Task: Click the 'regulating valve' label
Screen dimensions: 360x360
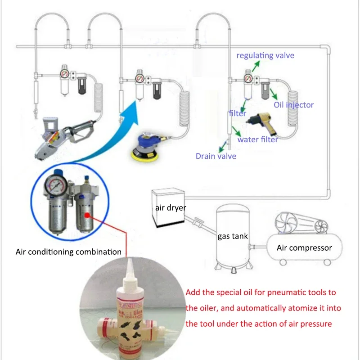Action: click(x=265, y=55)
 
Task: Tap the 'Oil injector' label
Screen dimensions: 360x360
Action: click(x=294, y=105)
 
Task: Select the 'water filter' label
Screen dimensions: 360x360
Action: click(x=257, y=139)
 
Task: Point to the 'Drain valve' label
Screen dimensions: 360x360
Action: click(x=216, y=156)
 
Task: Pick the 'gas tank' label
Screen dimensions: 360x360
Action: click(x=232, y=236)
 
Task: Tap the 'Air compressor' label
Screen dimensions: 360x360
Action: click(x=304, y=247)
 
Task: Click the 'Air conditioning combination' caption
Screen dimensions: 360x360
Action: click(x=68, y=252)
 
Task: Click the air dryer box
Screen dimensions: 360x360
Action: click(x=167, y=207)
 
